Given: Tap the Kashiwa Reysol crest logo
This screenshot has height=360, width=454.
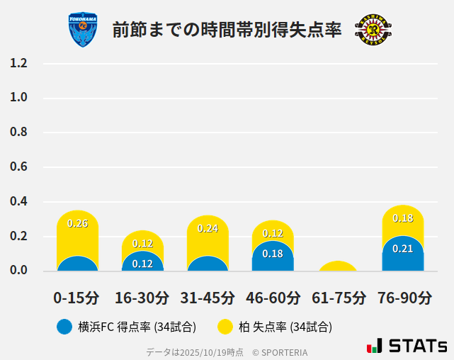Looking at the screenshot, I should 373,30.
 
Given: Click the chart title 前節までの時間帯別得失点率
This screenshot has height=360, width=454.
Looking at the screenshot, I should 227,30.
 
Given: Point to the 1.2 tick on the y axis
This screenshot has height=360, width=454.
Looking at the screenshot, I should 18,63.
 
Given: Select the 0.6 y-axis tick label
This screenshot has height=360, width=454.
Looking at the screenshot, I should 18,167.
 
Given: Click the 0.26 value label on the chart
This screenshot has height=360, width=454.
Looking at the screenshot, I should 77,223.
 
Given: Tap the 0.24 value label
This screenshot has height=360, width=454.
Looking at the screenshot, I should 208,228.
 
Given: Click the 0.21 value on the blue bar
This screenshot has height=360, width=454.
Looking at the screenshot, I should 402,249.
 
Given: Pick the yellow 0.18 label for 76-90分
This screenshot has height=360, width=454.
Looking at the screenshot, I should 402,218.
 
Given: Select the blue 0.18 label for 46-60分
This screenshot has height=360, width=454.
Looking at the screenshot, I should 273,254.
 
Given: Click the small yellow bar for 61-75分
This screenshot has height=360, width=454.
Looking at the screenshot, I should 338,266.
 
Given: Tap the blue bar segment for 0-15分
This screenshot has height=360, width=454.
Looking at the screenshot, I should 77,264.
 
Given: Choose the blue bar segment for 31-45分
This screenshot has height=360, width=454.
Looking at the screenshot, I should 208,264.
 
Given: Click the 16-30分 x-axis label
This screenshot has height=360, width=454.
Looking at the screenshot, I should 142,298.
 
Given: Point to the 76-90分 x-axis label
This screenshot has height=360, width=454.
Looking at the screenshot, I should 404,298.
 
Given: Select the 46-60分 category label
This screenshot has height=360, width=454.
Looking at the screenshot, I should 273,298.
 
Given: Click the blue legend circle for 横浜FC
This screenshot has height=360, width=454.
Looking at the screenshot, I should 64,327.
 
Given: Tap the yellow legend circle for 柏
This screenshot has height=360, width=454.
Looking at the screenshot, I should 225,327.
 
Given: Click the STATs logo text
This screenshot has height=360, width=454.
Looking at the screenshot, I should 418,346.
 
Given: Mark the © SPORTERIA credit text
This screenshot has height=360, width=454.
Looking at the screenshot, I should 280,352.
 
